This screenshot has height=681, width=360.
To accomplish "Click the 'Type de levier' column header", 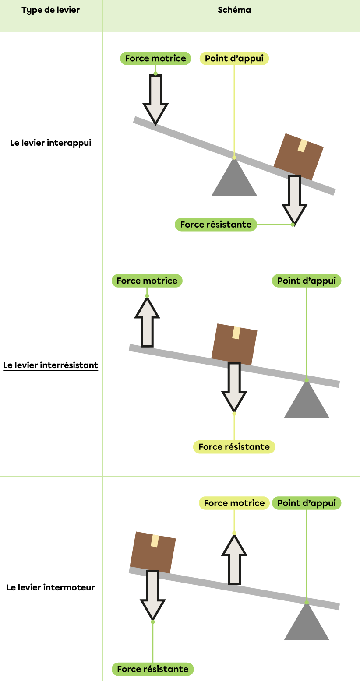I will [50, 10].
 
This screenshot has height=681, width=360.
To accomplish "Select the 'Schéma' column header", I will [234, 10].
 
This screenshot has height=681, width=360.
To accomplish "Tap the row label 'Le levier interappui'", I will [50, 143].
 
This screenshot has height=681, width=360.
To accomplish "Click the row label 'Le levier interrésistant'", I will [50, 365].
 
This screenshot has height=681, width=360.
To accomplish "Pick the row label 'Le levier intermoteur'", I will [50, 587].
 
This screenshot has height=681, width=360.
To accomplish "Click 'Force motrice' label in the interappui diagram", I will [155, 59].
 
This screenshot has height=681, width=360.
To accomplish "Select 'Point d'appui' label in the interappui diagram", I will [234, 59].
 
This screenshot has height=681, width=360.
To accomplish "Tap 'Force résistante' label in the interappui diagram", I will [216, 225].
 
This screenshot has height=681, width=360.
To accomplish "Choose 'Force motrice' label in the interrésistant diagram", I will [147, 281].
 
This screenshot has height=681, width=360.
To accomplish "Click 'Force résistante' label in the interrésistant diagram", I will [234, 447].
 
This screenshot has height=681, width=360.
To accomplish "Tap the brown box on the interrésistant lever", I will [234, 344].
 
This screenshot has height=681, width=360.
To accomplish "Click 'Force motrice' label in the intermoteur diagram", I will [234, 503].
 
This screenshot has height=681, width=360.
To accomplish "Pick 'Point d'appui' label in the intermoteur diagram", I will [307, 503].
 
